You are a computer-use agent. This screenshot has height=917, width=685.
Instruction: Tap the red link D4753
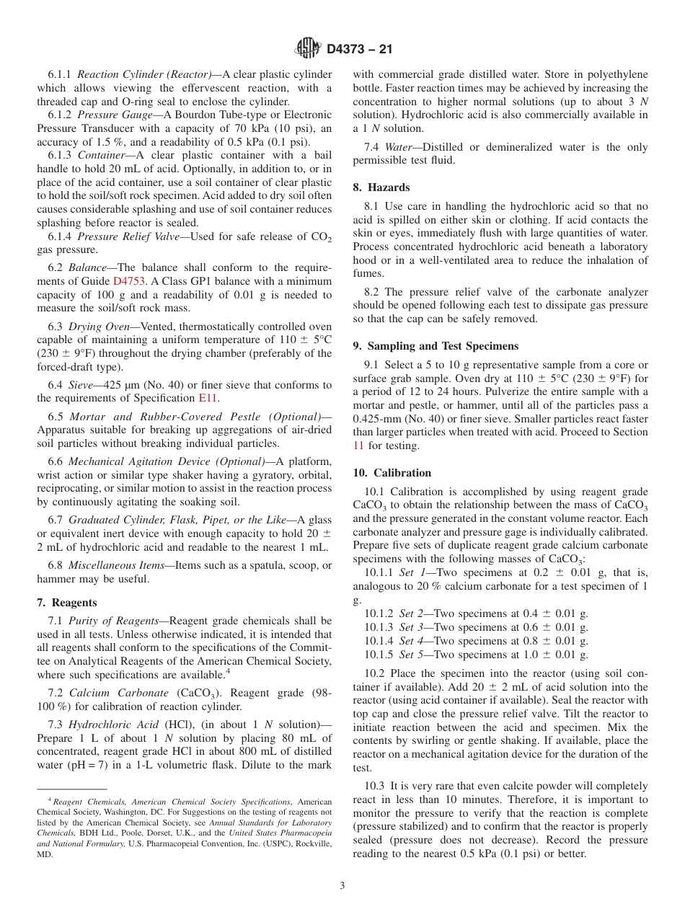(x=127, y=281)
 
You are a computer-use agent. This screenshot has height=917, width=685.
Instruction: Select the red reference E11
(x=208, y=398)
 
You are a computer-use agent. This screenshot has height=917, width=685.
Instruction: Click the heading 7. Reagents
(x=66, y=603)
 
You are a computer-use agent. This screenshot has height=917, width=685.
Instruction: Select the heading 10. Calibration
(x=392, y=473)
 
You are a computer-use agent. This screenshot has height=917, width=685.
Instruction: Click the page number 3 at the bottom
(x=342, y=886)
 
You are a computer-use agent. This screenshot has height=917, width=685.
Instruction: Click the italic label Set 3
(x=411, y=627)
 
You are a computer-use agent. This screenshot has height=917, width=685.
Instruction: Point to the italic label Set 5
(x=411, y=655)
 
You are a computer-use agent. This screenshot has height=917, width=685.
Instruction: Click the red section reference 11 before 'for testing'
(x=358, y=446)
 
